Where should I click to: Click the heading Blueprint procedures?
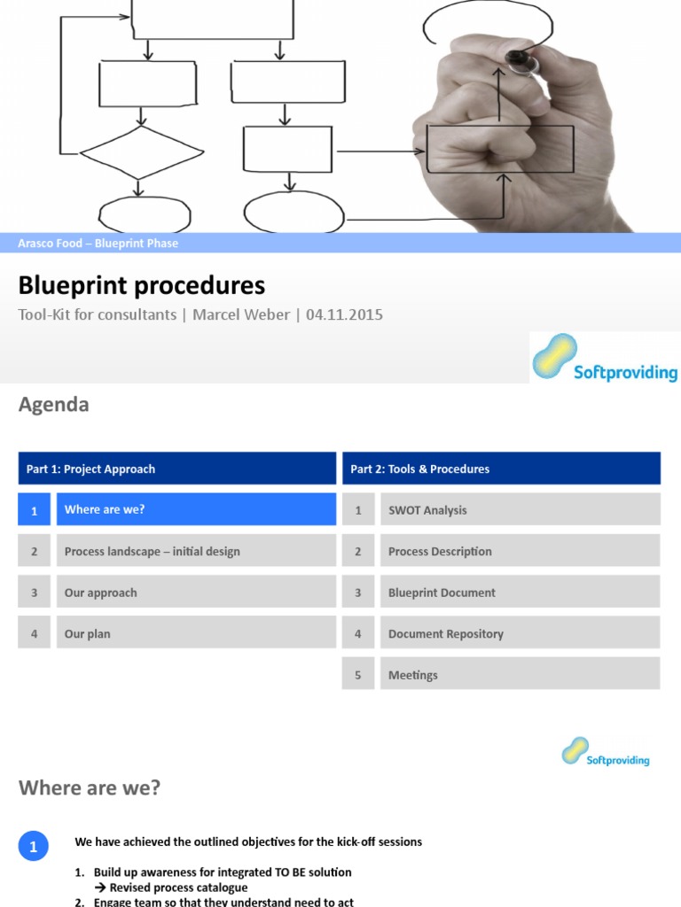[142, 286]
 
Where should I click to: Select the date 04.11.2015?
[344, 314]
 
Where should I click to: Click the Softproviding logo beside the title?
[605, 358]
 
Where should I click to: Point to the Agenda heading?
[54, 405]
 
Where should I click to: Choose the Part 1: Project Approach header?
[176, 469]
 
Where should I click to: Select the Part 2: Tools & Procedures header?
[501, 469]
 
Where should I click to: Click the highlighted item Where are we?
[196, 510]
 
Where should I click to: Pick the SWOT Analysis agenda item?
[520, 510]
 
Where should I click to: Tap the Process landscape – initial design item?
[196, 551]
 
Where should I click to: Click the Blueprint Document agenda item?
[520, 593]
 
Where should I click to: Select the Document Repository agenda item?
[520, 633]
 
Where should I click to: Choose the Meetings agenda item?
[520, 675]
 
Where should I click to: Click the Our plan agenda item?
[196, 633]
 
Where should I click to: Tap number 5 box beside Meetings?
[358, 675]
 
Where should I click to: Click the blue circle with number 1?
[34, 848]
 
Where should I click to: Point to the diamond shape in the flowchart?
[137, 152]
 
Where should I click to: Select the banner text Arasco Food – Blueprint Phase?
[98, 244]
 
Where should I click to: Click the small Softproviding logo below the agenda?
[606, 752]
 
